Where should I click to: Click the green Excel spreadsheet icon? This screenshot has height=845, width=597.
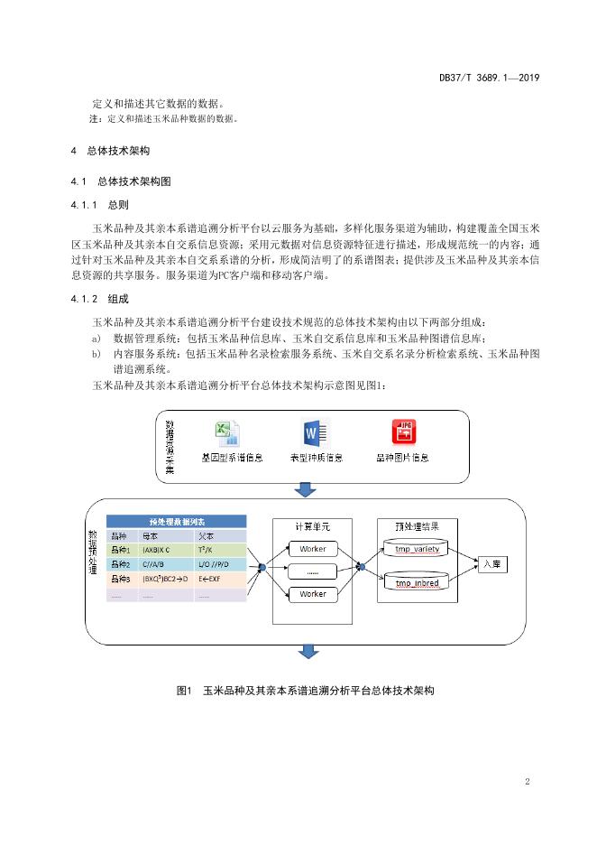[226, 434]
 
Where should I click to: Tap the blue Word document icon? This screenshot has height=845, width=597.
[316, 432]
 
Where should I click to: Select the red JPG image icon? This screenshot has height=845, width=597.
[404, 432]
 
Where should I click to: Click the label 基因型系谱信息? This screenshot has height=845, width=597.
[232, 458]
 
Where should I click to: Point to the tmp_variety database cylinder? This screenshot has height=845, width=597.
[415, 549]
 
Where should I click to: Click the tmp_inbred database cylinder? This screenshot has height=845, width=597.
[415, 581]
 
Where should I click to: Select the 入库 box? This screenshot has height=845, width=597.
[492, 563]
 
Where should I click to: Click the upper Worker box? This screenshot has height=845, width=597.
[313, 549]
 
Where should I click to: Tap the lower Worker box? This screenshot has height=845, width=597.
[313, 594]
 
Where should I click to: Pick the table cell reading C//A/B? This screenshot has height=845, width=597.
[153, 564]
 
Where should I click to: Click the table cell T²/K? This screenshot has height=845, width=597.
[205, 550]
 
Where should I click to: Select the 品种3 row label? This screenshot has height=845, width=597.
[121, 579]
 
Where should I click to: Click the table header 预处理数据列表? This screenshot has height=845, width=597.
[177, 521]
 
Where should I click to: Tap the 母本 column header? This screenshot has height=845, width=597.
[151, 535]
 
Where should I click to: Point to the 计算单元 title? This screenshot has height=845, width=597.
[312, 526]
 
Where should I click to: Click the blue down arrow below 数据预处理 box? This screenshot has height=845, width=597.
[308, 651]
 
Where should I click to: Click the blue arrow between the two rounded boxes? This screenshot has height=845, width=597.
[305, 489]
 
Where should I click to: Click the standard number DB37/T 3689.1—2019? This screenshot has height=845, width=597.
[490, 78]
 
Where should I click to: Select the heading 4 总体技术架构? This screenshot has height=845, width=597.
[110, 151]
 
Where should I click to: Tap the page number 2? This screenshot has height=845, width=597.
[527, 781]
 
